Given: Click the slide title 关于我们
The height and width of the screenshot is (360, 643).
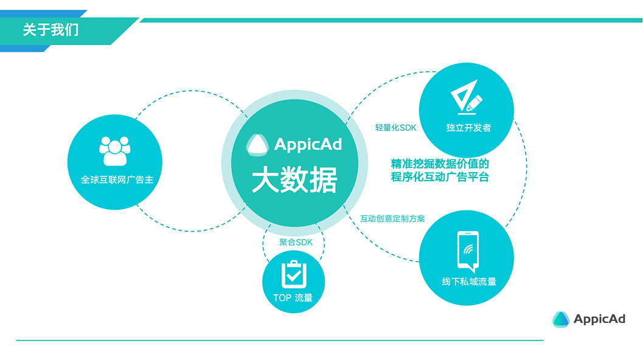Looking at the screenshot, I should pyautogui.click(x=50, y=30).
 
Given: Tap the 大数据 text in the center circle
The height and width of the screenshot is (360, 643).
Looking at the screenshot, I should pyautogui.click(x=294, y=181).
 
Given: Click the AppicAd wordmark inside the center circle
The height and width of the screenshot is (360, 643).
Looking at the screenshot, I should pyautogui.click(x=308, y=145).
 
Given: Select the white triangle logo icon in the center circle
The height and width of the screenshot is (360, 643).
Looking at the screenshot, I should pyautogui.click(x=258, y=144).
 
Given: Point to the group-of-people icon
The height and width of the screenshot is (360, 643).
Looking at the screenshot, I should pyautogui.click(x=114, y=150).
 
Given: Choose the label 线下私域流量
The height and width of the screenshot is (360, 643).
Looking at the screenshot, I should pyautogui.click(x=469, y=282).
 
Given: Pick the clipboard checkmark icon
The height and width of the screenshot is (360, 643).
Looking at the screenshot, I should pyautogui.click(x=293, y=274).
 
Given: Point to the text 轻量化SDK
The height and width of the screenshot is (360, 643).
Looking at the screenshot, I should pyautogui.click(x=395, y=128).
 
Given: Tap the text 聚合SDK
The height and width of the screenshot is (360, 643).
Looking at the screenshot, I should pyautogui.click(x=296, y=241).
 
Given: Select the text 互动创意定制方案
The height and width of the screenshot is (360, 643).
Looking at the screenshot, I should pyautogui.click(x=392, y=218).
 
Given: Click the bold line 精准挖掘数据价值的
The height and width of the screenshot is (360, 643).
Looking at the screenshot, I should pyautogui.click(x=440, y=163).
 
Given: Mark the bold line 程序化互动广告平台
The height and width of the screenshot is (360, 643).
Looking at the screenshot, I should pyautogui.click(x=440, y=177).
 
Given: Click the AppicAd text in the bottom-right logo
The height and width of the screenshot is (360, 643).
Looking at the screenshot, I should pyautogui.click(x=599, y=319).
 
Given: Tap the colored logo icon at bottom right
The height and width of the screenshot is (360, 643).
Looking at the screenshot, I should pyautogui.click(x=560, y=319).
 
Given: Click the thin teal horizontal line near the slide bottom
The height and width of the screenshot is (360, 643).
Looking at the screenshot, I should pyautogui.click(x=280, y=341).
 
